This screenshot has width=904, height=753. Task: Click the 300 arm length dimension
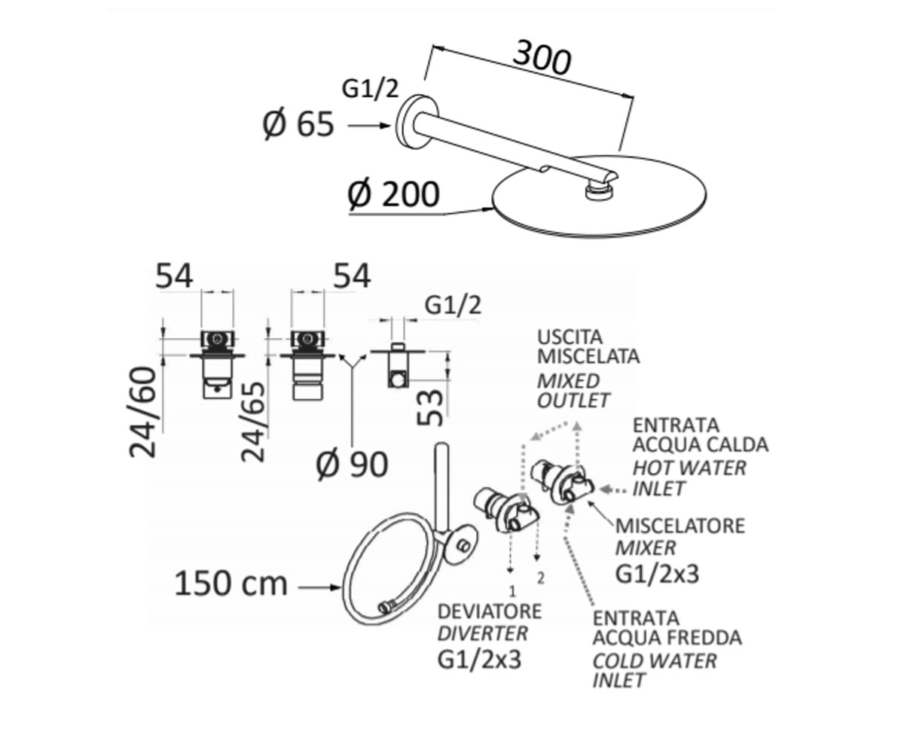pos(542,57)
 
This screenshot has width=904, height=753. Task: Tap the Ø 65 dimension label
pos(298,125)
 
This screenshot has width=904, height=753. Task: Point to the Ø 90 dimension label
pos(352,465)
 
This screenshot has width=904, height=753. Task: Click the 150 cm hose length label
pos(231,584)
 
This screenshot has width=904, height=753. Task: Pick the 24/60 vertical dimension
pos(143,412)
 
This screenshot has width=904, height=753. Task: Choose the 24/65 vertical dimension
pos(252,422)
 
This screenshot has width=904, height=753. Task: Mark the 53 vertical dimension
pos(430,407)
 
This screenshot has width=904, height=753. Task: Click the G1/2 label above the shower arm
pos(370,90)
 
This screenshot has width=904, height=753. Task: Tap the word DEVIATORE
pos(490,611)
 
